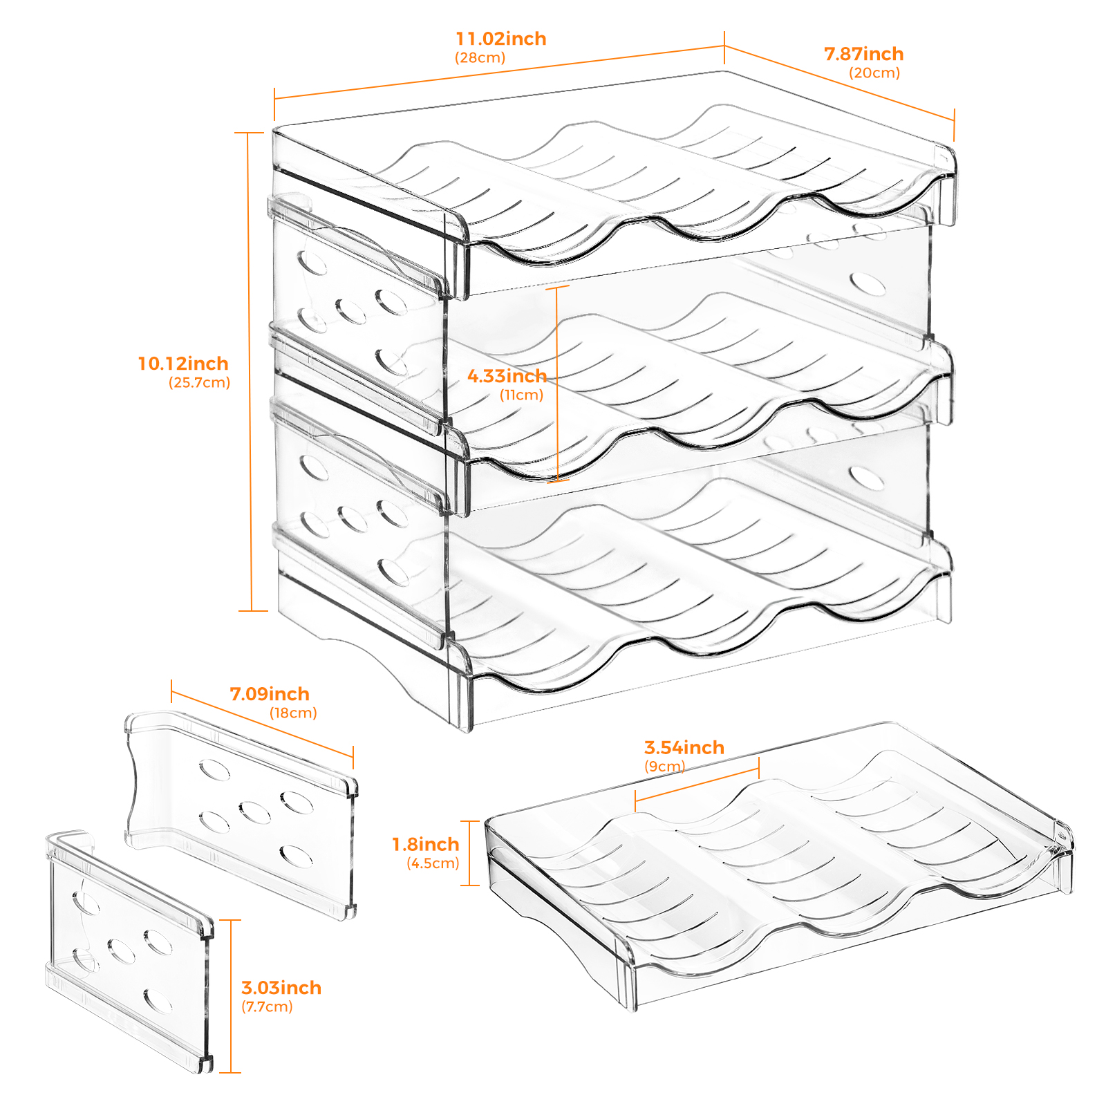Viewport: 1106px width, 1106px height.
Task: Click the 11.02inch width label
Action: click(501, 39)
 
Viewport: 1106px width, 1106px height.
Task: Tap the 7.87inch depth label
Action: click(863, 54)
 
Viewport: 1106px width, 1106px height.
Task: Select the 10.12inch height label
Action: click(183, 364)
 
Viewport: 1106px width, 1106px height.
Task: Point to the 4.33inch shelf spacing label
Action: click(507, 376)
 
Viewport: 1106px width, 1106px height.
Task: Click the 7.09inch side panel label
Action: click(270, 694)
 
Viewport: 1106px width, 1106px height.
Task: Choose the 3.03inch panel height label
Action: click(281, 988)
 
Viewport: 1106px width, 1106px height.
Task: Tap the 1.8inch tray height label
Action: click(426, 844)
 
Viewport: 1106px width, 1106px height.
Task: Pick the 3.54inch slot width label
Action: click(684, 747)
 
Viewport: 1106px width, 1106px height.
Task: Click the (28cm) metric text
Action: click(480, 58)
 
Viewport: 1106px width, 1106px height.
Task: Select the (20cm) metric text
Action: click(874, 73)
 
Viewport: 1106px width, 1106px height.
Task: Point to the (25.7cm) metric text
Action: click(199, 383)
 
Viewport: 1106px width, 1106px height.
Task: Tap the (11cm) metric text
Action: click(522, 395)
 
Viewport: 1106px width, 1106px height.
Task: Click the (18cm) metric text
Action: click(293, 713)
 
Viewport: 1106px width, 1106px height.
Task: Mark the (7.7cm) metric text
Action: click(267, 1007)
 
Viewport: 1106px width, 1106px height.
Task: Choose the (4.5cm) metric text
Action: click(433, 863)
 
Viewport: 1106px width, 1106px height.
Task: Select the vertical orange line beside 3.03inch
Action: click(230, 996)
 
